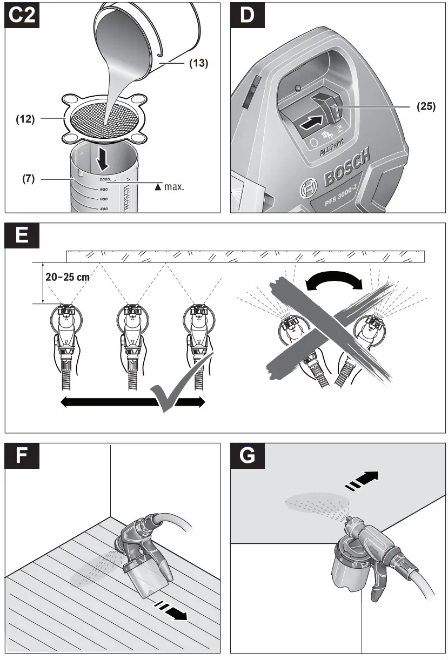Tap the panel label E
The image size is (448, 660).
click(22, 235)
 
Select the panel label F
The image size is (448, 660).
click(22, 456)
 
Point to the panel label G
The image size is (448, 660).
click(247, 456)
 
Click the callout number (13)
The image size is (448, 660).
click(198, 63)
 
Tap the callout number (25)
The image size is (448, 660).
click(426, 106)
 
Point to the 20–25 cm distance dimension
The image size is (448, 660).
click(68, 277)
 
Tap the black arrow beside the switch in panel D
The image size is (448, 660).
click(312, 123)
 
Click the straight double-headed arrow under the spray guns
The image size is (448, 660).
click(132, 402)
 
